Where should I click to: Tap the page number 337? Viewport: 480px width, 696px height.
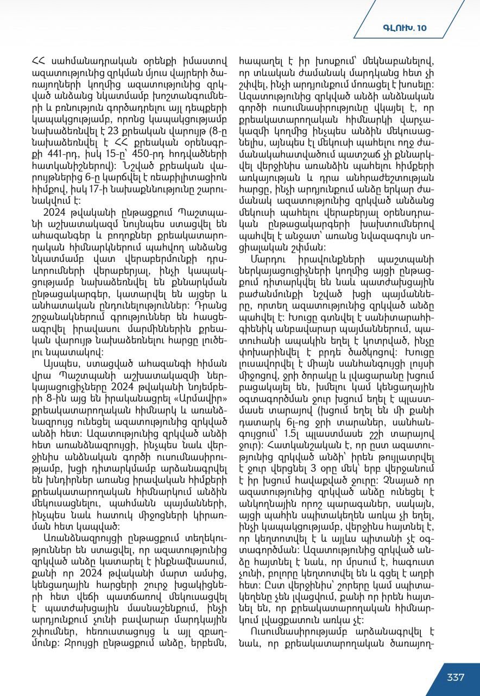tap(456, 677)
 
